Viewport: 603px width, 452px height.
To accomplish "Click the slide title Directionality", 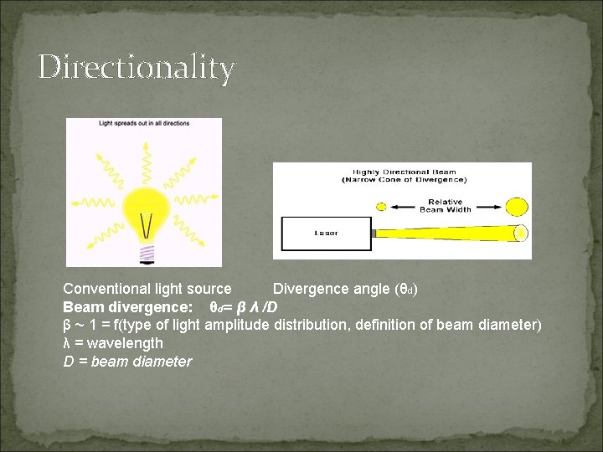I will (x=136, y=67).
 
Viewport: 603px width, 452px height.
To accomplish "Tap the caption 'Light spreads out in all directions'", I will (x=144, y=124).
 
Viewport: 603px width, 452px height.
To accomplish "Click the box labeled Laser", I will (x=327, y=233).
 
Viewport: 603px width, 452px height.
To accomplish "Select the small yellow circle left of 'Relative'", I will (x=381, y=206).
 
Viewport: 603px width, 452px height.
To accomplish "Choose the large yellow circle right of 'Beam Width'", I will (x=518, y=206).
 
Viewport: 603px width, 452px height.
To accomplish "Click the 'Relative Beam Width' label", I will (x=449, y=205).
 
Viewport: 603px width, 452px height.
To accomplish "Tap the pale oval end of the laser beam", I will (x=521, y=232).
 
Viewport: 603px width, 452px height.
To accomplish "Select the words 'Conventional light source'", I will (x=147, y=289).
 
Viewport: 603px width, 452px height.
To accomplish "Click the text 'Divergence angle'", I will (x=332, y=289).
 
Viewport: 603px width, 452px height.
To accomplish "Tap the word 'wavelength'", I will (x=126, y=343).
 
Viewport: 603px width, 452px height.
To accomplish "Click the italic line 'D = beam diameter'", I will (x=127, y=362).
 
